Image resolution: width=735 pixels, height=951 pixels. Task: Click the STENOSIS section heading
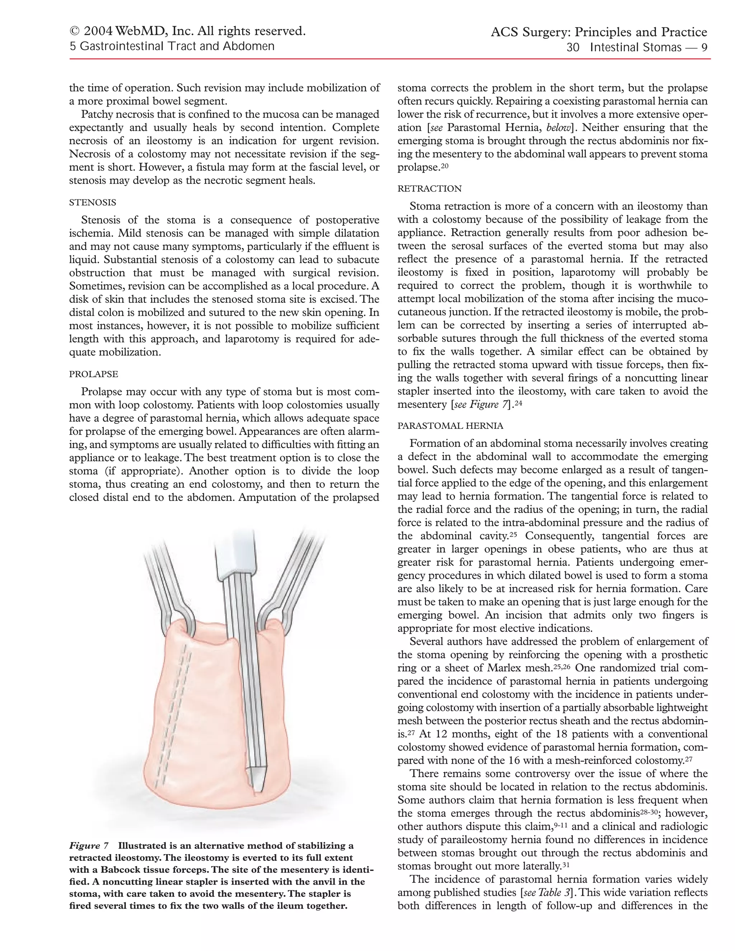[x=92, y=202]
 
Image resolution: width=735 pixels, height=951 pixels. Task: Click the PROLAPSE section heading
[x=93, y=374]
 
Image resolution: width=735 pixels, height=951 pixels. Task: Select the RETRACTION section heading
[x=429, y=188]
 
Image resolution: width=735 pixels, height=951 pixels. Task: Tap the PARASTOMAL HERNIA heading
[x=450, y=425]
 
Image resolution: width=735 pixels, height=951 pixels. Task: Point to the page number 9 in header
[x=704, y=47]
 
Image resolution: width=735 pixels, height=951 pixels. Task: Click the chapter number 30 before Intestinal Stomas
[x=572, y=47]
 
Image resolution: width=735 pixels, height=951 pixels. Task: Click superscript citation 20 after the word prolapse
[x=445, y=165]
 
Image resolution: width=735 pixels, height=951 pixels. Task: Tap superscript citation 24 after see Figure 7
[x=518, y=402]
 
